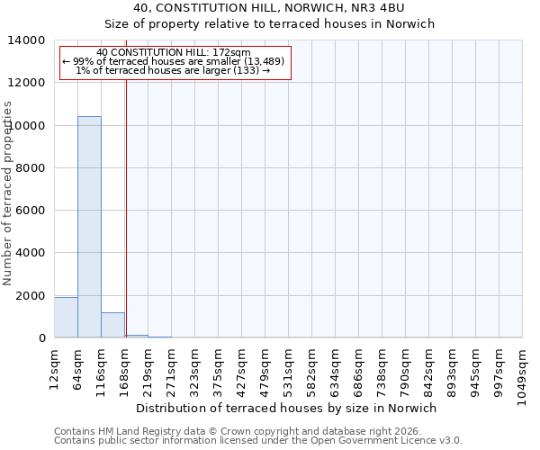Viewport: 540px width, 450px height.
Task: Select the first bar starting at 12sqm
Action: [x=66, y=318]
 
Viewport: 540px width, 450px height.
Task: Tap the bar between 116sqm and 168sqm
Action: [x=112, y=325]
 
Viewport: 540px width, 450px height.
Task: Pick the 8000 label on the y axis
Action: [x=32, y=168]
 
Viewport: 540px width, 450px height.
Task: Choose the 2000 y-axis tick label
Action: [x=32, y=296]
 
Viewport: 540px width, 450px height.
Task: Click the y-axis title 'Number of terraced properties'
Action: [x=8, y=193]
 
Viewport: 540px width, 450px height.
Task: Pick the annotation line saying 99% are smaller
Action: [x=174, y=61]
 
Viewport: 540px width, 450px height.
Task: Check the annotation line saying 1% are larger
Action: [x=174, y=70]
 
